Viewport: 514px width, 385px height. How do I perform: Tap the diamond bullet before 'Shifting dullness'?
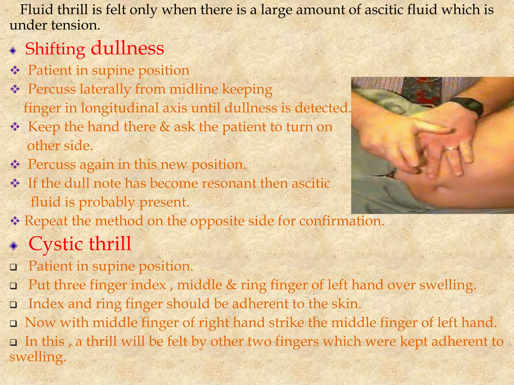point(13,51)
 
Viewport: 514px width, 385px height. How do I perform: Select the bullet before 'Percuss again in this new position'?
point(15,165)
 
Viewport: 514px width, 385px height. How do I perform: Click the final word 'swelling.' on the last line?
point(38,357)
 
